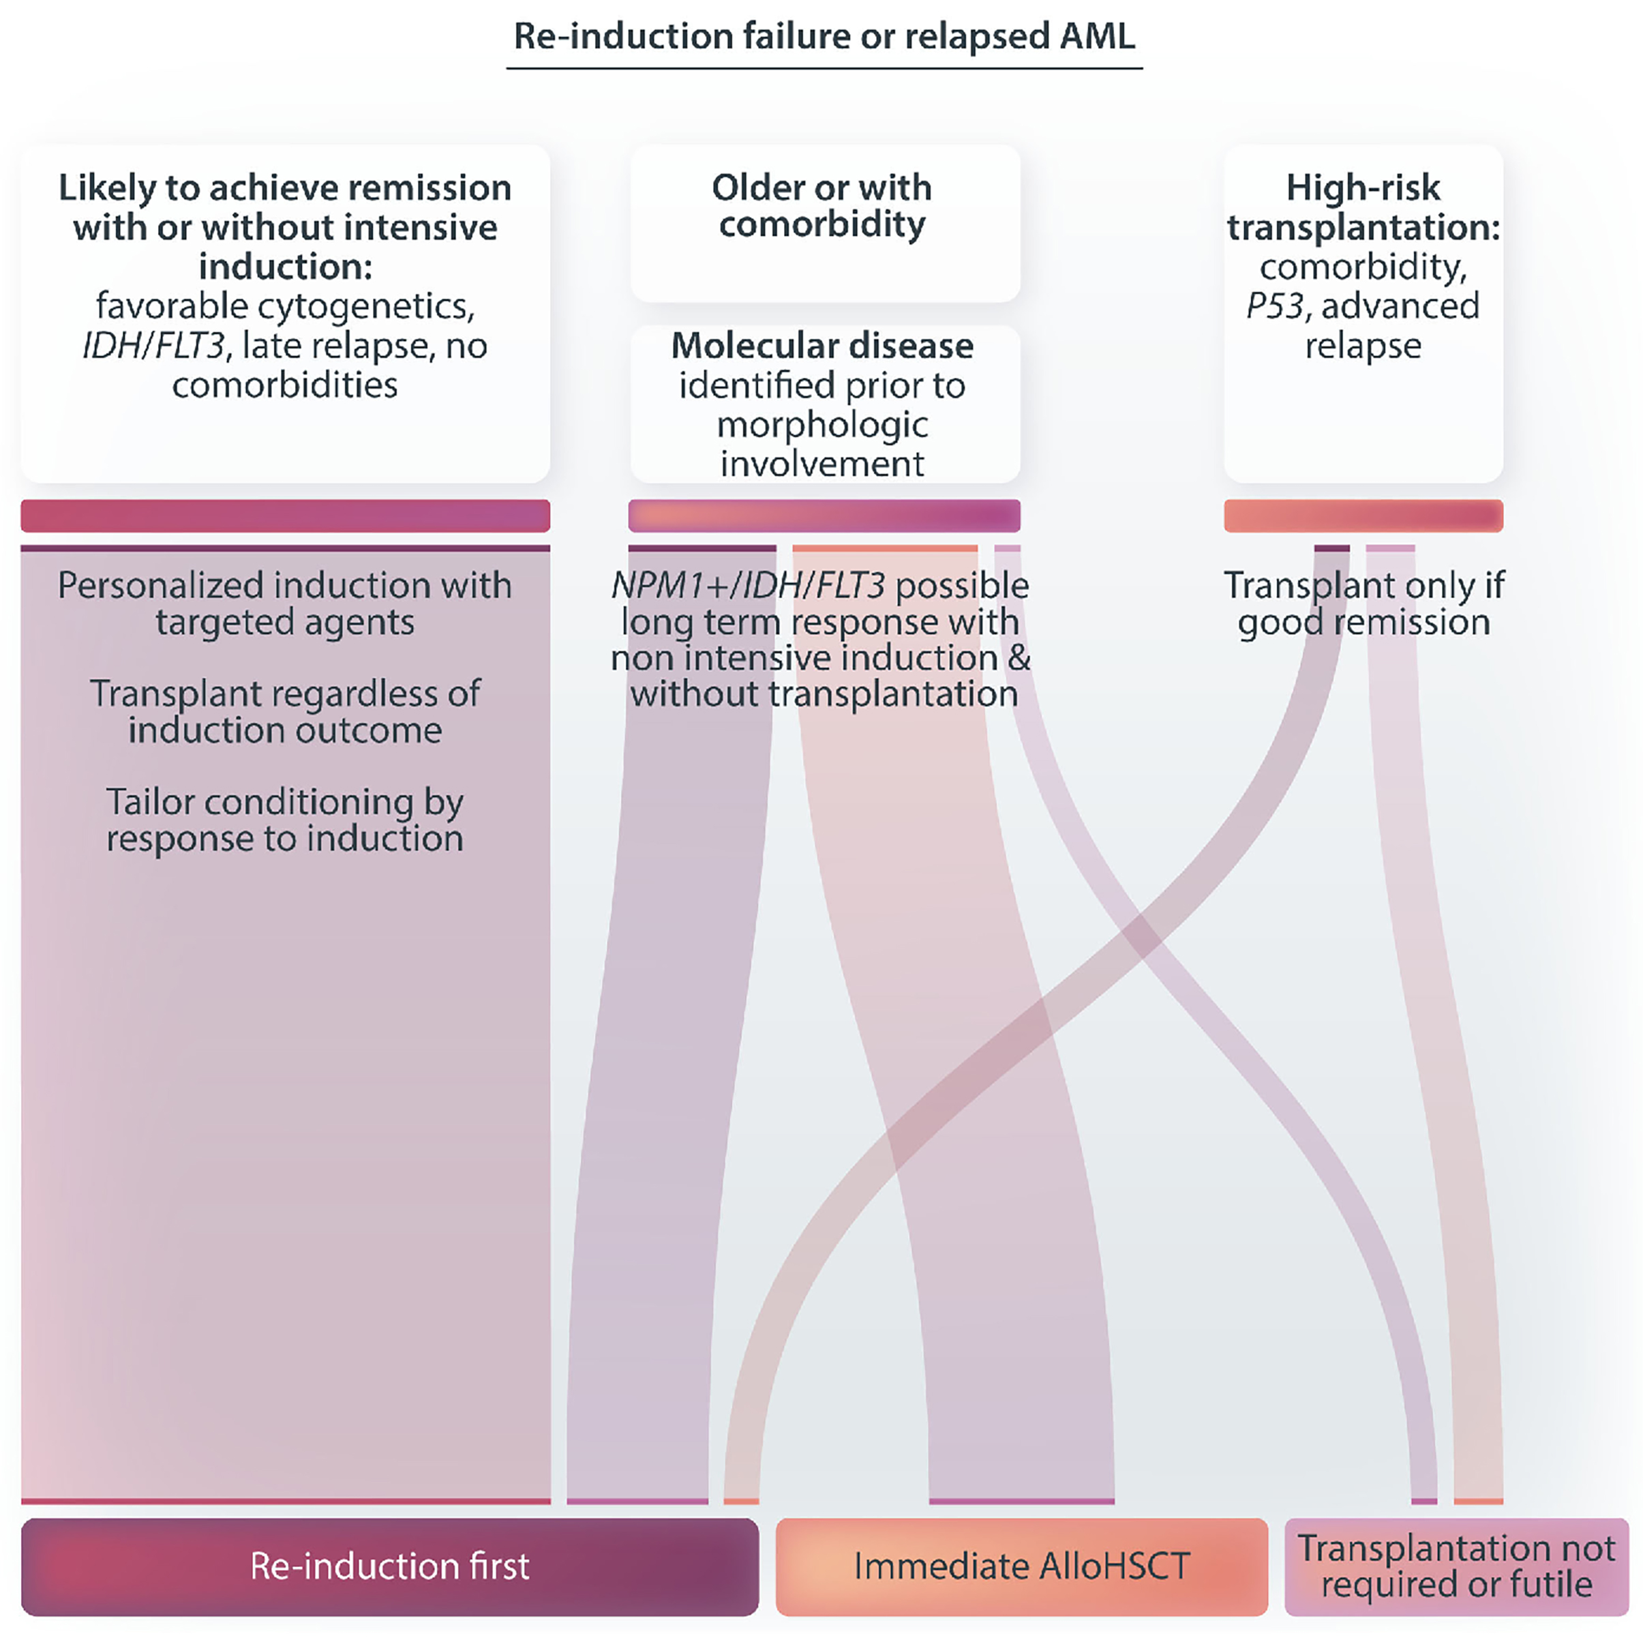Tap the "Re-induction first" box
[x=389, y=1566]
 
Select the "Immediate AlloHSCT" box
[x=1021, y=1566]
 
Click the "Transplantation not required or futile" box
[x=1456, y=1566]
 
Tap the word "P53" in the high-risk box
[x=1275, y=306]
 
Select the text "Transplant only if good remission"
[x=1363, y=603]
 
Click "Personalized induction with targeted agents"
[x=285, y=603]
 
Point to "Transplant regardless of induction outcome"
[x=285, y=711]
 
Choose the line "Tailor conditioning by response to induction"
[x=285, y=819]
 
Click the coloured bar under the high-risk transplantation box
[x=1363, y=516]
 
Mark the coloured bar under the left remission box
[x=285, y=516]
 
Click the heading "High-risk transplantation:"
[x=1363, y=207]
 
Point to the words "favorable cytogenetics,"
[x=285, y=306]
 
